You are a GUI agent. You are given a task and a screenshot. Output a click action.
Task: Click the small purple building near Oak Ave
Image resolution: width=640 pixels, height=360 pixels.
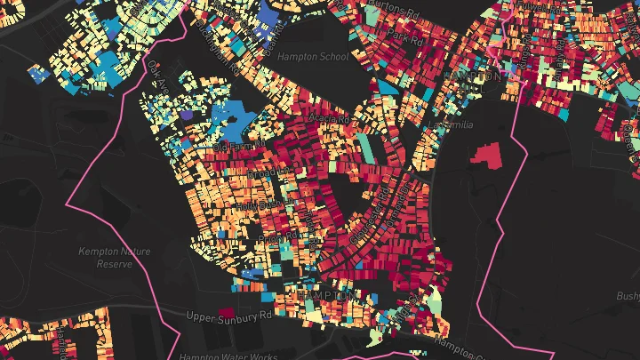[x=187, y=114]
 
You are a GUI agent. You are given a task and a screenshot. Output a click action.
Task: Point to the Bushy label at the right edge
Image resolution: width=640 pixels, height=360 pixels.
[x=628, y=295]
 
